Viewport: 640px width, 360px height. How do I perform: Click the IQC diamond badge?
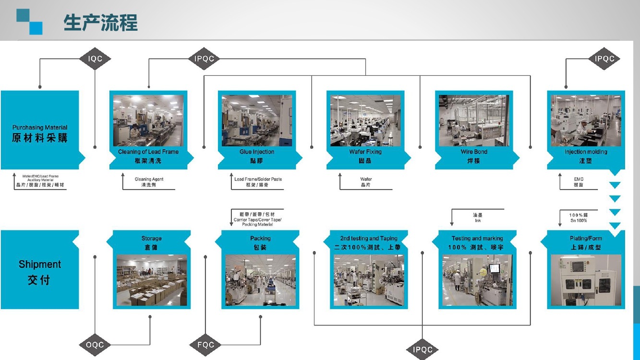coord(95,59)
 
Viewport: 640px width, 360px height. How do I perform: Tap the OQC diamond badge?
coord(95,345)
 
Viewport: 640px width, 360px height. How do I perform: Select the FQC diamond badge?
coord(205,345)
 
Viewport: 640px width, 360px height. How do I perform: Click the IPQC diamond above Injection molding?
coord(604,59)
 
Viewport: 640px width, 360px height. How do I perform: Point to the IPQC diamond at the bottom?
coord(423,349)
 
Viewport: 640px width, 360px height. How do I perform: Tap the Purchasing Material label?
coord(40,128)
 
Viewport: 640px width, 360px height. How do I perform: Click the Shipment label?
coord(40,264)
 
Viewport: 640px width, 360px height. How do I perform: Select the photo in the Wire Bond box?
coord(474,120)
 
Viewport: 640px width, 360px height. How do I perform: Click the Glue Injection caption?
coord(257,152)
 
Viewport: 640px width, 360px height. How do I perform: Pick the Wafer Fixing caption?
coord(365,152)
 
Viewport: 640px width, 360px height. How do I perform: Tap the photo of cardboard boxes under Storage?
coord(151,280)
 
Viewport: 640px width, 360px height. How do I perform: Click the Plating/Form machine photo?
coord(586,280)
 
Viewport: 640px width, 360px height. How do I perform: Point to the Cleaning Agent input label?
coord(149,180)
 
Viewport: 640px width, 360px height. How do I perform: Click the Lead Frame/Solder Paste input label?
coord(258,179)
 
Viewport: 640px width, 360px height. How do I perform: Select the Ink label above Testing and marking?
coord(477,220)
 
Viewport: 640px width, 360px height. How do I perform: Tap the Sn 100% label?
coord(579,220)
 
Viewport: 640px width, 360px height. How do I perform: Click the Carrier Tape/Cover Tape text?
coord(257,220)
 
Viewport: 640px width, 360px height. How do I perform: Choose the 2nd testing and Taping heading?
coord(369,238)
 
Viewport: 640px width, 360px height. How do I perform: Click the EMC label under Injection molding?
coord(579,180)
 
